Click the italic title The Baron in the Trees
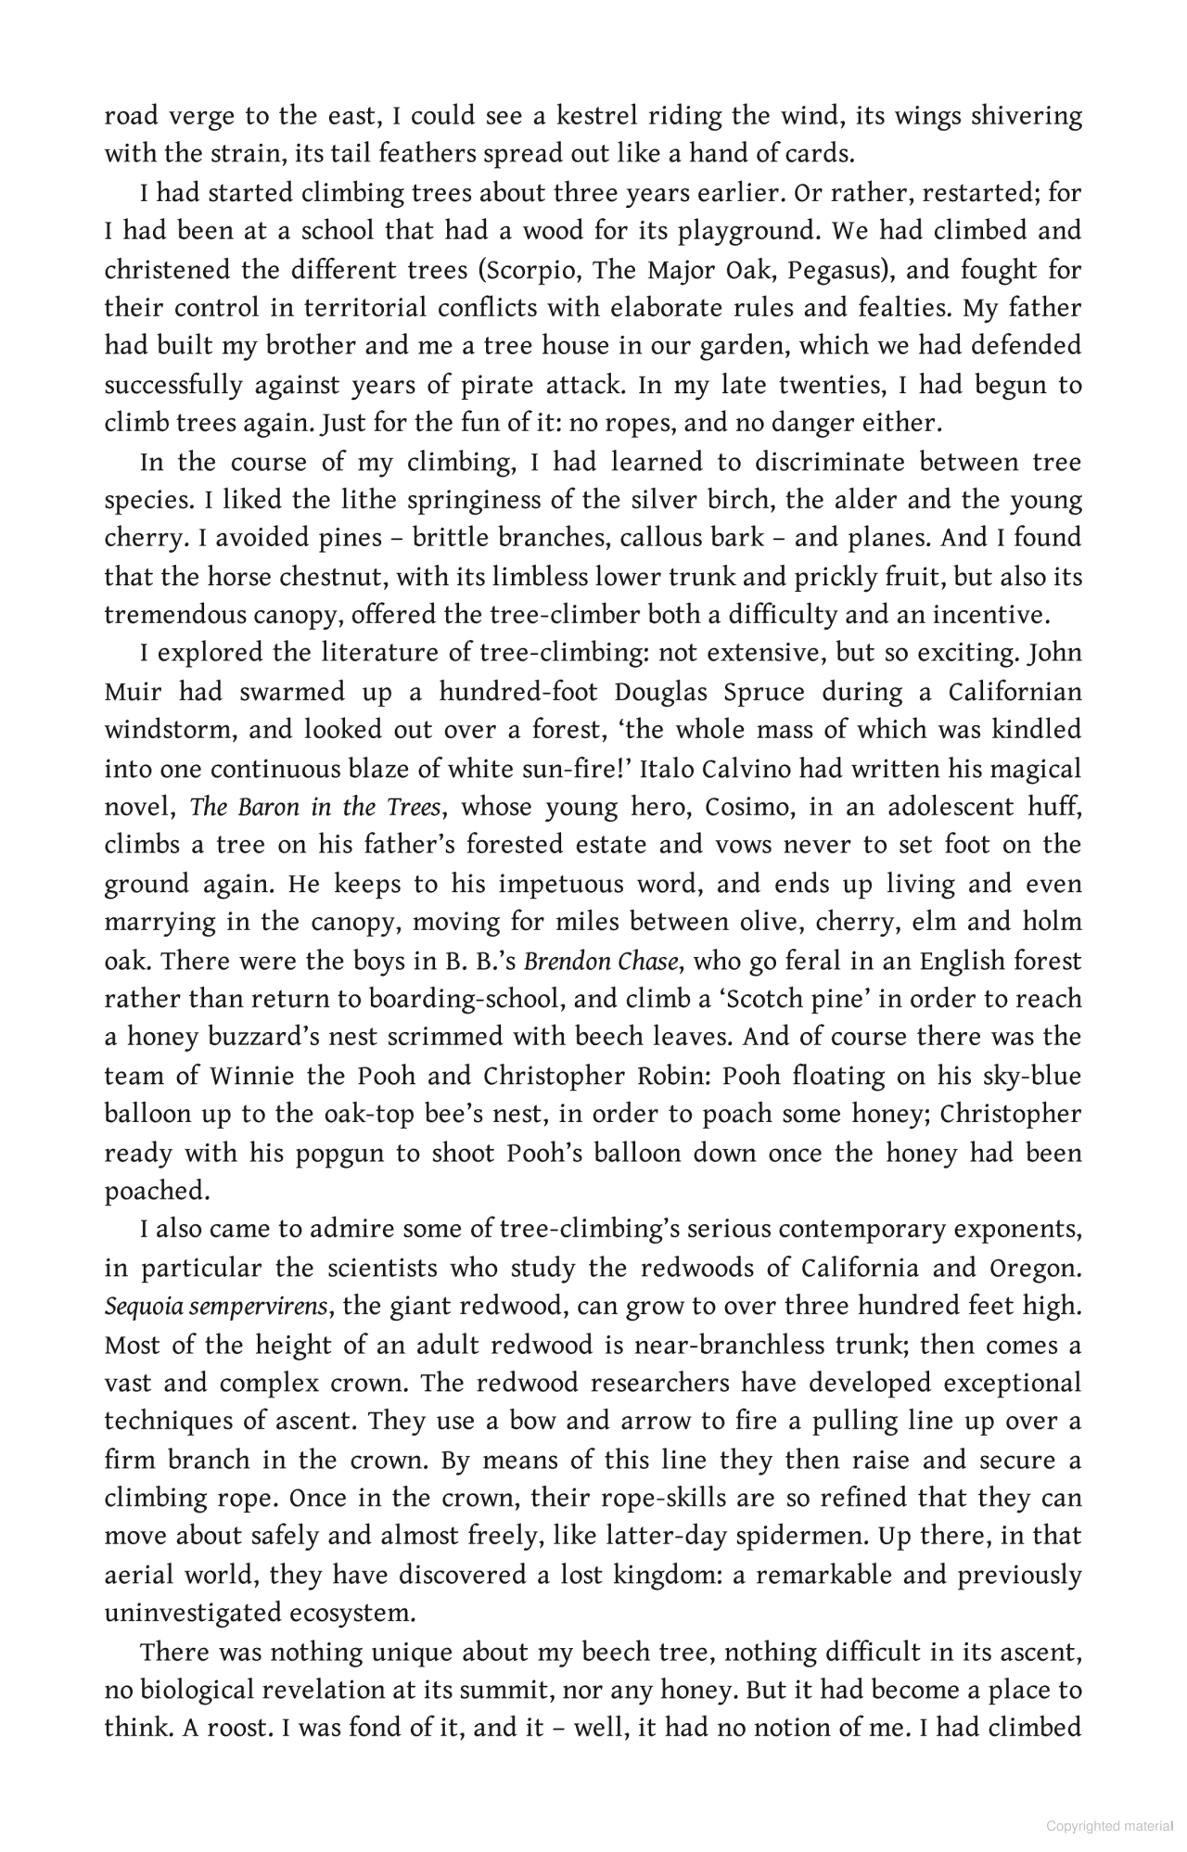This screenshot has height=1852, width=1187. (x=315, y=807)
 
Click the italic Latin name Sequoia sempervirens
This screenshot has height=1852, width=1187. (x=217, y=1307)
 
